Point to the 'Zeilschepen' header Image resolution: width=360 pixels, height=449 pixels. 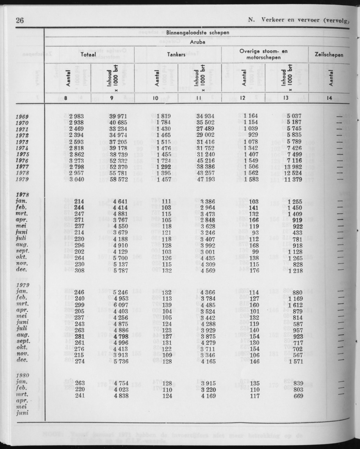click(x=329, y=55)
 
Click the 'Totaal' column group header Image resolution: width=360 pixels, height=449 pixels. click(x=89, y=55)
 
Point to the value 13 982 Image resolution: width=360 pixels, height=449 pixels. click(x=291, y=166)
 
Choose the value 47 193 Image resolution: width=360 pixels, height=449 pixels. click(x=204, y=179)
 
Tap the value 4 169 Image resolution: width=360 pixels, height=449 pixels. click(x=204, y=396)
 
